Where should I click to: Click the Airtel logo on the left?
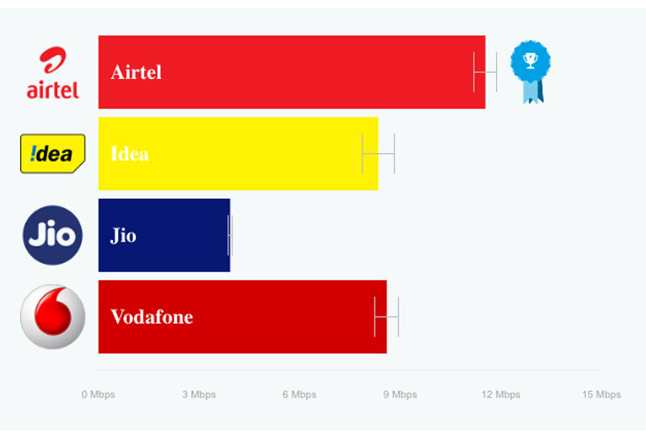[x=52, y=73]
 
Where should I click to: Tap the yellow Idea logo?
[x=52, y=154]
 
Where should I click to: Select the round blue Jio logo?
[x=52, y=235]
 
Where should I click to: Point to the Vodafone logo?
[x=52, y=317]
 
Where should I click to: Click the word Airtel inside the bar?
[x=136, y=72]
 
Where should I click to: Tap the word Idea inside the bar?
[x=130, y=154]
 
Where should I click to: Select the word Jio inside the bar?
[x=124, y=235]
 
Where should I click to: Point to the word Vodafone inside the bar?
[x=152, y=317]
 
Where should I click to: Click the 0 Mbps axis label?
[x=98, y=394]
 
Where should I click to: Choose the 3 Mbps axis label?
[x=199, y=394]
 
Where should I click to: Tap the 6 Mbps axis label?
[x=299, y=394]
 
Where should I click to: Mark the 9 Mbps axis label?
[x=400, y=394]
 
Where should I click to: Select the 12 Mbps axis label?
[x=501, y=394]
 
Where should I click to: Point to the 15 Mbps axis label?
[x=601, y=394]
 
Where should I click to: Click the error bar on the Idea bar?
[x=378, y=153]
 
